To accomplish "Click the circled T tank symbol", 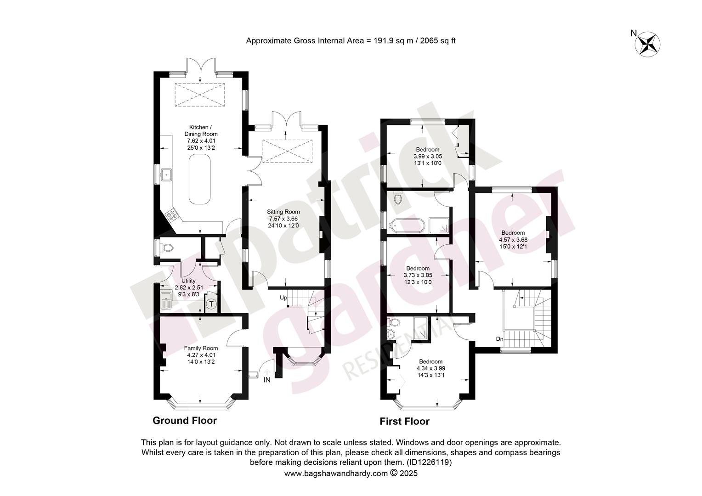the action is [x=211, y=304].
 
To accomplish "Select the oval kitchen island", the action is [x=200, y=179].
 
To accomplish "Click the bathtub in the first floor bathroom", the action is [x=407, y=225].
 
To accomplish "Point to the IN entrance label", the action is [x=267, y=380].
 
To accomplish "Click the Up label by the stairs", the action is [x=283, y=298].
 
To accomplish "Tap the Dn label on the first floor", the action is [x=499, y=339].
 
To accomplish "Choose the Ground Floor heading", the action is [x=185, y=421].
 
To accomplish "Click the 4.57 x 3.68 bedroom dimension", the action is [x=513, y=240].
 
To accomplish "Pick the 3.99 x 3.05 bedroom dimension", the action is [x=428, y=156].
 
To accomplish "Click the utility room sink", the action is [x=165, y=301].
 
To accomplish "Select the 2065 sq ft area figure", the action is [x=438, y=41].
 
